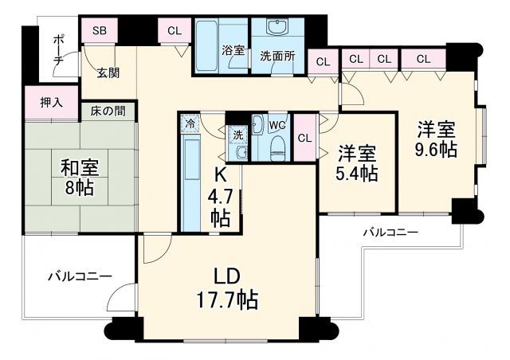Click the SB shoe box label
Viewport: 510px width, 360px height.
click(x=100, y=31)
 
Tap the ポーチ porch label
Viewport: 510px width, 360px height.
click(x=58, y=53)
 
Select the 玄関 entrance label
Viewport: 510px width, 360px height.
click(x=108, y=73)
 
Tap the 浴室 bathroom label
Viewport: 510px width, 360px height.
click(x=233, y=49)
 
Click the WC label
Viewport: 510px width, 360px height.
click(x=277, y=125)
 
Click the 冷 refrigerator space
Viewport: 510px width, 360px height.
click(x=190, y=123)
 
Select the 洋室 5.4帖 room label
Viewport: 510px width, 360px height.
click(x=356, y=162)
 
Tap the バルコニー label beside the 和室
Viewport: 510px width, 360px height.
click(x=79, y=276)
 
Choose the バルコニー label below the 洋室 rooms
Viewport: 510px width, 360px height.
click(x=390, y=233)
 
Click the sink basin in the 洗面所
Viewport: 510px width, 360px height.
click(x=277, y=29)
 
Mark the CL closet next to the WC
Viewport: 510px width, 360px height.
click(x=304, y=137)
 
